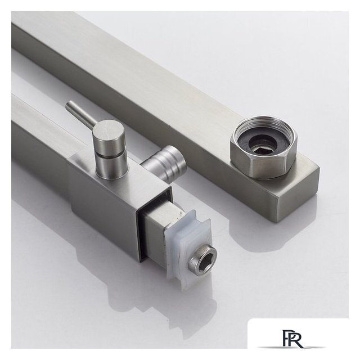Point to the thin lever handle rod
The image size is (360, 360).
[80, 114]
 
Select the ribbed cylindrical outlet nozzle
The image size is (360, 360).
[164, 162]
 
